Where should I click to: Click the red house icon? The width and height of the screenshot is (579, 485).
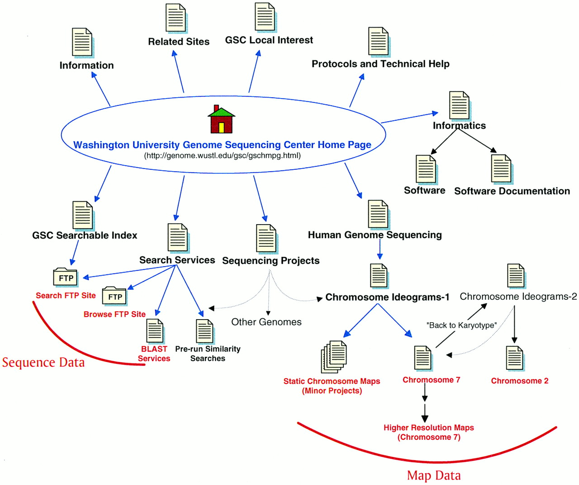(x=221, y=120)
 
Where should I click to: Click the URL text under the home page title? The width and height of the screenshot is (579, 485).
(x=222, y=155)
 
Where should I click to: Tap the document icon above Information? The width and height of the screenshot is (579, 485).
(x=82, y=42)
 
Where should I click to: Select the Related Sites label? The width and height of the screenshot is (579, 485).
(x=179, y=42)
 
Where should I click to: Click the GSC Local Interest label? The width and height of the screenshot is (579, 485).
(x=269, y=40)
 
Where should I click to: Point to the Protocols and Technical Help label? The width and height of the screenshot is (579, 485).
(x=380, y=64)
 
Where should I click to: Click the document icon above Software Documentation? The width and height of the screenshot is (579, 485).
(x=501, y=169)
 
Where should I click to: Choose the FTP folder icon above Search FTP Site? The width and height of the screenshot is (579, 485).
(x=66, y=278)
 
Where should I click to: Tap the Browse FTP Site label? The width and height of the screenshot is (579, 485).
(x=114, y=314)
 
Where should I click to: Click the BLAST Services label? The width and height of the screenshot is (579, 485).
(x=154, y=353)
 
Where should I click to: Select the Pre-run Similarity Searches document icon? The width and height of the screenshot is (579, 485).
(x=204, y=331)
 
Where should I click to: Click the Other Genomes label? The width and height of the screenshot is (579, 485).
(x=266, y=322)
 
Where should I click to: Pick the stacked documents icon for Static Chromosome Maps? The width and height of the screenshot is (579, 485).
(x=334, y=357)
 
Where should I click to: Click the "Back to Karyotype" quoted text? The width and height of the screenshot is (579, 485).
(x=461, y=325)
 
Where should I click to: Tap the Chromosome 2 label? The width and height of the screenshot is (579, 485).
(x=520, y=381)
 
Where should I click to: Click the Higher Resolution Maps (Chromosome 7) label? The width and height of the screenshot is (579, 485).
(x=429, y=432)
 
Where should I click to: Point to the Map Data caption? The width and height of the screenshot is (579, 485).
(x=434, y=476)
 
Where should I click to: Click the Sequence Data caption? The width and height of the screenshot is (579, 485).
(x=43, y=363)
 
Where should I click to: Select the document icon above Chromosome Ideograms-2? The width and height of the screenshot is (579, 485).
(x=516, y=276)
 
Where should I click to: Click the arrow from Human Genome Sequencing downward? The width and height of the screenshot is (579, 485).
(x=380, y=249)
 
